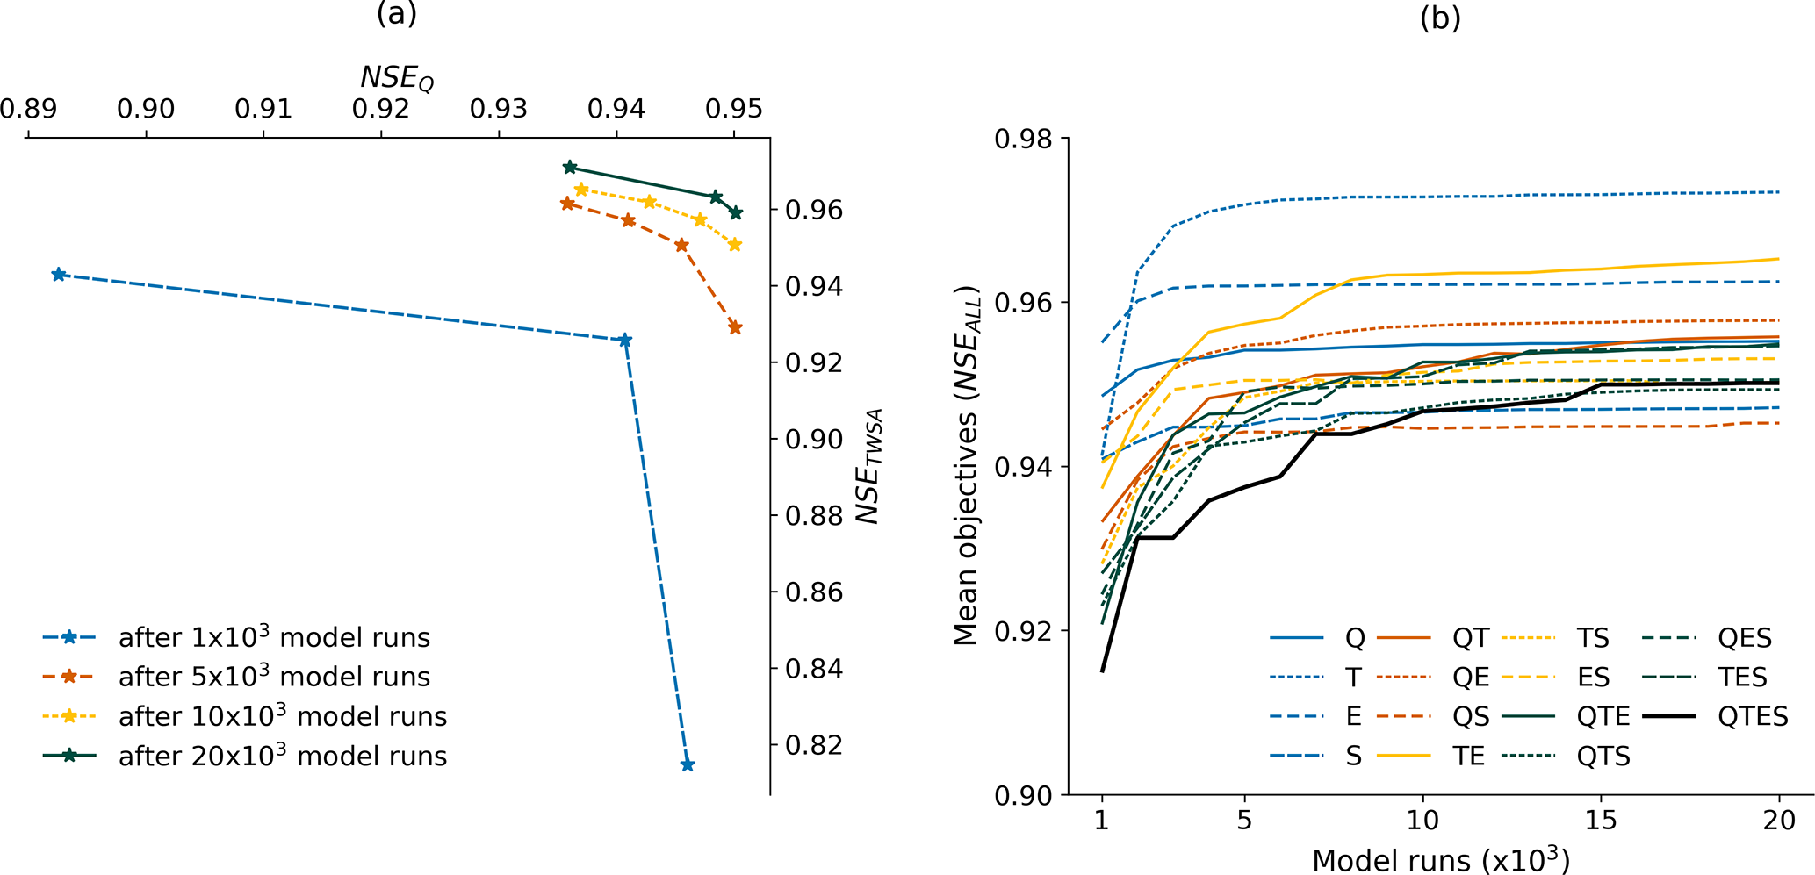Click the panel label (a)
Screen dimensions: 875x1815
pyautogui.click(x=396, y=14)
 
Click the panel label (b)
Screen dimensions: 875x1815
pyautogui.click(x=1440, y=18)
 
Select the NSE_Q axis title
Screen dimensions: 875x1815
pyautogui.click(x=397, y=78)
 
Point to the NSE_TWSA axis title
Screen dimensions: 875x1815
pyautogui.click(x=869, y=466)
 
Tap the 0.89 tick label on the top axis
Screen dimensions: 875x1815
pyautogui.click(x=28, y=109)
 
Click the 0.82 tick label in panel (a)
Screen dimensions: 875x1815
pyautogui.click(x=814, y=744)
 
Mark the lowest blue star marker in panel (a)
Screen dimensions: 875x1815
pyautogui.click(x=688, y=764)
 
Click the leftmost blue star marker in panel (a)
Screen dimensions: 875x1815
pyautogui.click(x=59, y=275)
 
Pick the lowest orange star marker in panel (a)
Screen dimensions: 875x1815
pyautogui.click(x=735, y=327)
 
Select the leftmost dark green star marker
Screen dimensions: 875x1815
pyautogui.click(x=569, y=167)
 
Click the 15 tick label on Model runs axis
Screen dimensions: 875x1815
pyautogui.click(x=1601, y=821)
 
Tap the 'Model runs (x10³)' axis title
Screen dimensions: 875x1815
pyautogui.click(x=1440, y=859)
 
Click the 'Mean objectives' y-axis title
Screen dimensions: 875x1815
pyautogui.click(x=967, y=466)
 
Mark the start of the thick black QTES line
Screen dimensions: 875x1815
pyautogui.click(x=1102, y=671)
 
